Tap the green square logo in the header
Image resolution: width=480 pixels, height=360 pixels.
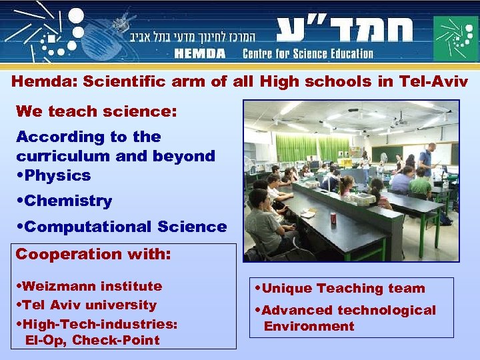point(456,37)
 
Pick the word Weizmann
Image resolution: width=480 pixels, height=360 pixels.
point(57,286)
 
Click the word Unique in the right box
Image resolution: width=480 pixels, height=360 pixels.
point(287,289)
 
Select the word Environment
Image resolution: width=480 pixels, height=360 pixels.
point(309,326)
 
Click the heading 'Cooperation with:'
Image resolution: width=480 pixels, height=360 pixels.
point(93,254)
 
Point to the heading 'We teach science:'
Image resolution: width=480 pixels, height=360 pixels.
point(97,111)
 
